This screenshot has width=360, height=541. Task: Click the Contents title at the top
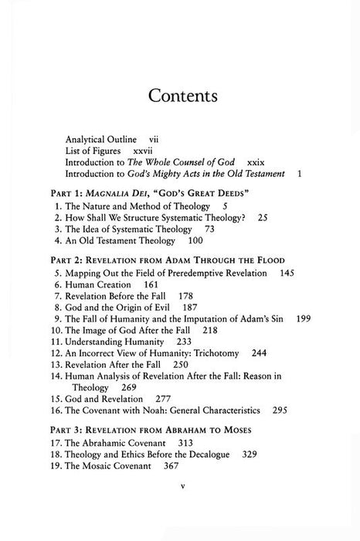pyautogui.click(x=180, y=97)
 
